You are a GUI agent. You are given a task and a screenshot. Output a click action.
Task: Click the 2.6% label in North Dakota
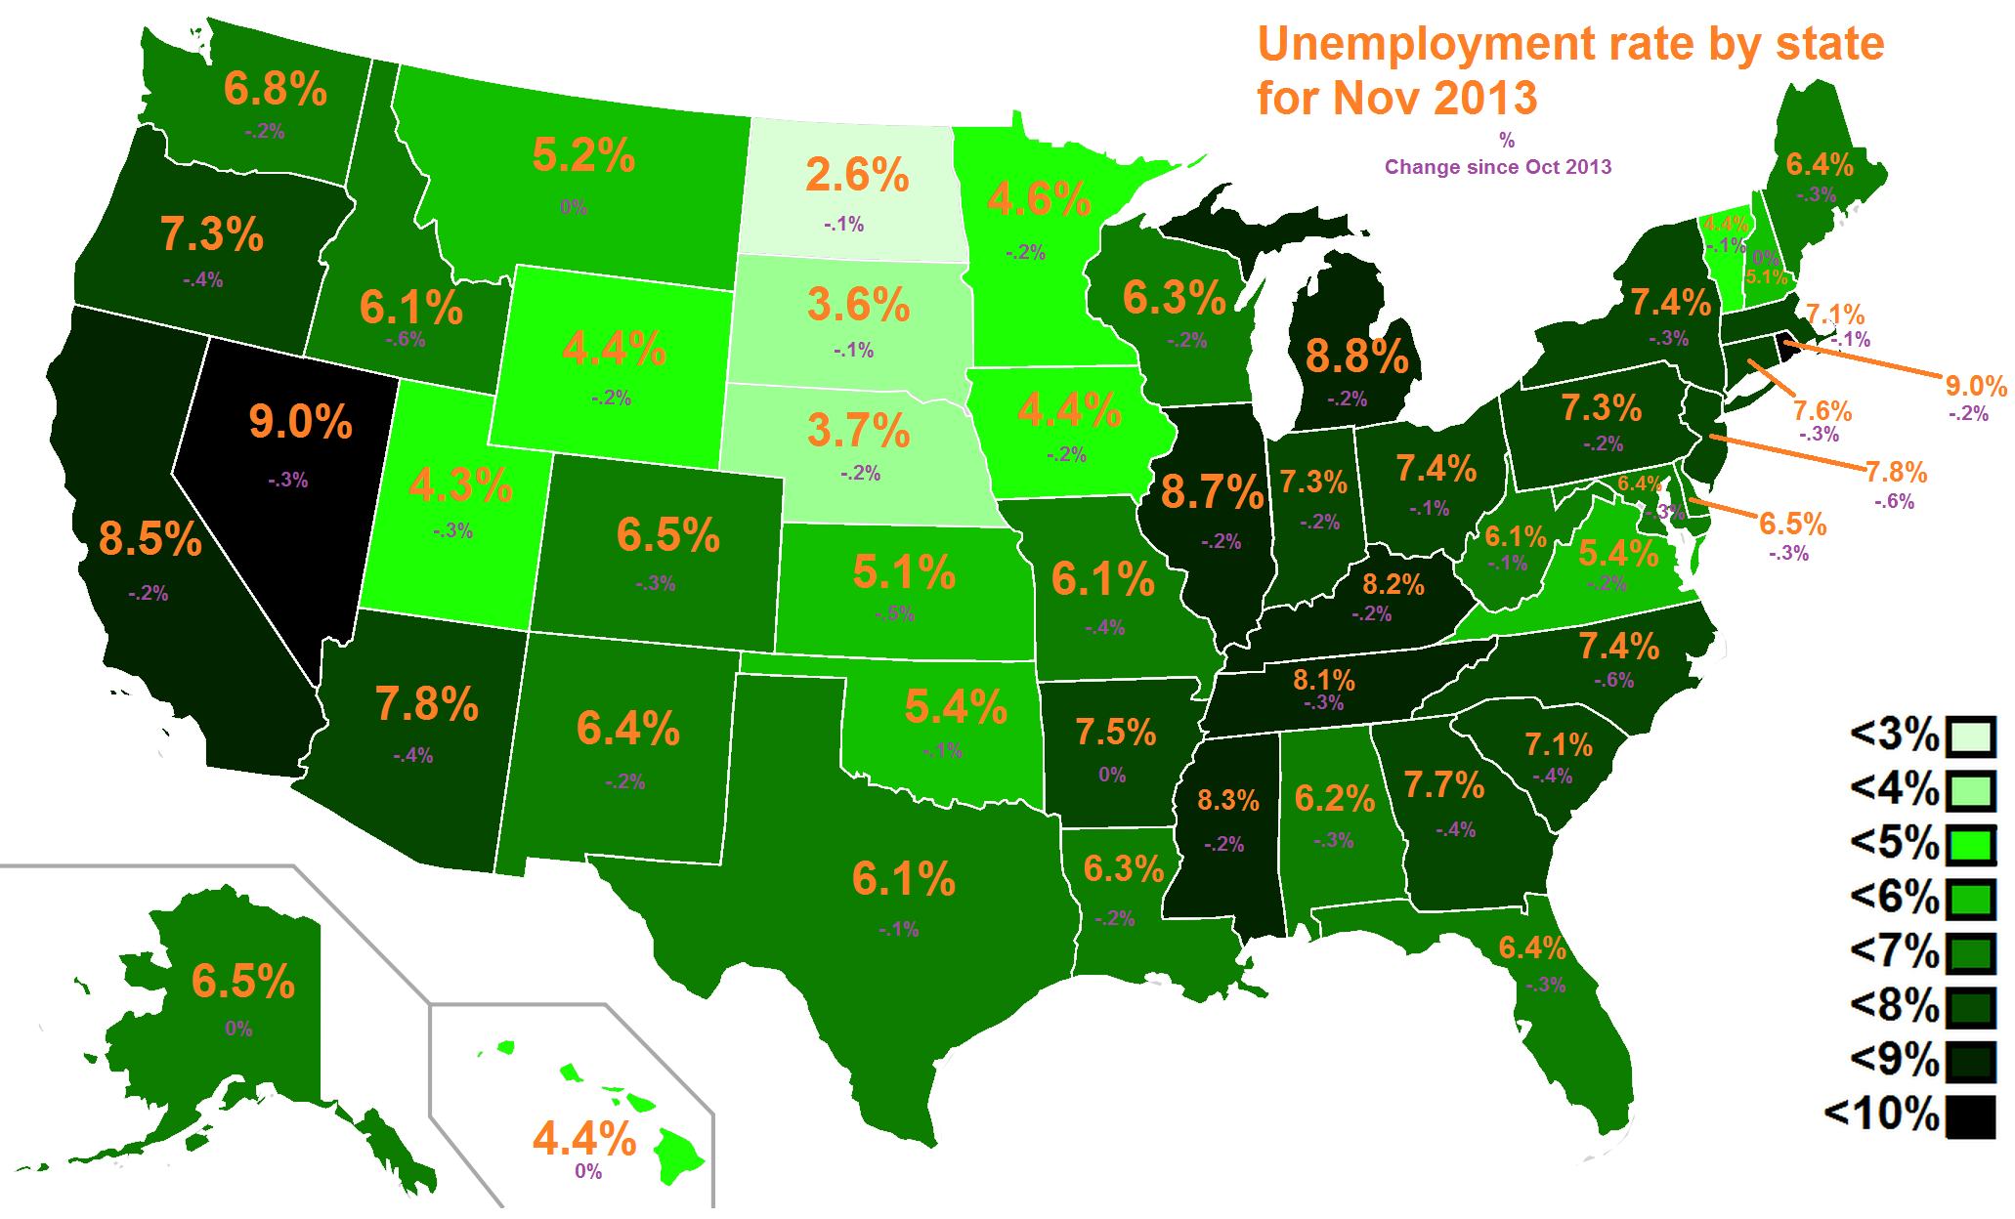pos(857,177)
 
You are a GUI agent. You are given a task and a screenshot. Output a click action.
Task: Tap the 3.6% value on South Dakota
pos(858,306)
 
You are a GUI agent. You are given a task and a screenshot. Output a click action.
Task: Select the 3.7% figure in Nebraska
pos(859,429)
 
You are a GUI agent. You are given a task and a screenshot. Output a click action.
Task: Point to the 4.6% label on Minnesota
pos(1038,200)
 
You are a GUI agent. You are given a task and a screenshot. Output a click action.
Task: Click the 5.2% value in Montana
pos(583,156)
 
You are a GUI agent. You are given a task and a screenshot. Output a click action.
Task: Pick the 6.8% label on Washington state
pos(275,90)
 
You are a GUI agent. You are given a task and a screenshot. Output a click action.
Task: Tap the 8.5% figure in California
pos(150,539)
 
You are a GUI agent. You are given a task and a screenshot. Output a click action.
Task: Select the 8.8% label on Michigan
pos(1356,358)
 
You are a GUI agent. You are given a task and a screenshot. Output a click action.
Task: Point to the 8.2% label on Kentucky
pos(1393,585)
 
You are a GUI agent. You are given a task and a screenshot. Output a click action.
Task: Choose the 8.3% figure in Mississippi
pos(1227,801)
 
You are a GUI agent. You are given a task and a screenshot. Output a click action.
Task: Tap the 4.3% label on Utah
pos(460,485)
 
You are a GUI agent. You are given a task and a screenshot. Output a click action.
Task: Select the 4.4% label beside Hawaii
pos(584,1139)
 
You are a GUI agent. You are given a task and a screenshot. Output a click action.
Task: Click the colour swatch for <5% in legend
pos(1969,844)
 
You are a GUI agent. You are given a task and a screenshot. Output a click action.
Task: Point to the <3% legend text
pos(1893,737)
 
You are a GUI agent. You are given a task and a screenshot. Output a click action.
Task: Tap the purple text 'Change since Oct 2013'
pos(1498,167)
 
